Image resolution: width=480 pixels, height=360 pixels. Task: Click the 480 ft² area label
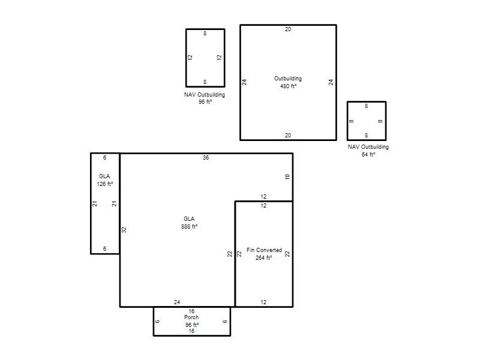click(x=289, y=86)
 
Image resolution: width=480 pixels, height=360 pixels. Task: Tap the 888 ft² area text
click(x=189, y=227)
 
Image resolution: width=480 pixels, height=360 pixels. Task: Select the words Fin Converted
click(x=264, y=250)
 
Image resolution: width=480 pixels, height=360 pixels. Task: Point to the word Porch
click(x=191, y=317)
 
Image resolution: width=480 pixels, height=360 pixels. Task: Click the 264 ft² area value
click(x=263, y=258)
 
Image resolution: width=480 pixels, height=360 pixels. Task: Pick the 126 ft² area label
click(x=104, y=184)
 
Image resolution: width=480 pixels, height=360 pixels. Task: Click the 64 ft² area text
click(x=368, y=155)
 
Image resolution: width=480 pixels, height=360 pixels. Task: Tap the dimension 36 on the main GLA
click(x=206, y=158)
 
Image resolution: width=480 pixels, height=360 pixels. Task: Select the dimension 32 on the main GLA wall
click(x=124, y=230)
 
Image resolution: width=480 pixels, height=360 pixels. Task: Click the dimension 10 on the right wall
click(x=287, y=176)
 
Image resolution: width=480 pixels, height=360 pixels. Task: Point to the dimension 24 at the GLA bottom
click(x=177, y=302)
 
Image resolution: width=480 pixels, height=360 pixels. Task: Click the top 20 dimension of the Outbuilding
click(x=288, y=29)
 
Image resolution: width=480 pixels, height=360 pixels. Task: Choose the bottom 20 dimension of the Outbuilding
click(x=288, y=136)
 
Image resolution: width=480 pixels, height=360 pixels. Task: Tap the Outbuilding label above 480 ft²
click(x=288, y=79)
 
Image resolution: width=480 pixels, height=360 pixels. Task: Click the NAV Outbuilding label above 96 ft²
click(x=205, y=95)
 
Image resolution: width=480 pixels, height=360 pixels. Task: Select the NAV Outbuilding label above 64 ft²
click(x=368, y=147)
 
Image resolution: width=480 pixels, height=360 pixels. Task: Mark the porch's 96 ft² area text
click(x=192, y=325)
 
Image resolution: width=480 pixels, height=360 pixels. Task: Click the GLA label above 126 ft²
click(x=104, y=176)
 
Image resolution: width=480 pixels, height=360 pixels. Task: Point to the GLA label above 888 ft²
click(x=189, y=219)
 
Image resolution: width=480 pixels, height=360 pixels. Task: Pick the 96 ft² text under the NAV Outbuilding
click(x=205, y=102)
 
